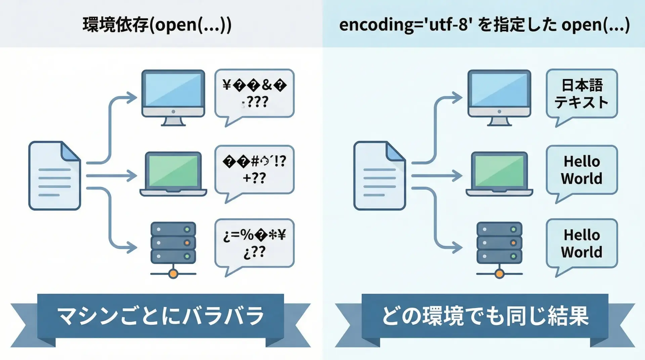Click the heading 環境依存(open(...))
pyautogui.click(x=157, y=25)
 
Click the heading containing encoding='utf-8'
pyautogui.click(x=484, y=25)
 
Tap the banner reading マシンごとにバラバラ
pyautogui.click(x=160, y=316)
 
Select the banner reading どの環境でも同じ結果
pyautogui.click(x=485, y=316)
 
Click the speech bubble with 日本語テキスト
pyautogui.click(x=582, y=94)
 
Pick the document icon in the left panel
pyautogui.click(x=54, y=176)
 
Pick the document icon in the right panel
pyautogui.click(x=379, y=176)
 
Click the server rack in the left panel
pyautogui.click(x=173, y=242)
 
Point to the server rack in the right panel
pyautogui.click(x=499, y=242)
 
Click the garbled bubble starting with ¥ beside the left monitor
pyautogui.click(x=254, y=93)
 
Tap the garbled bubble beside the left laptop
pyautogui.click(x=254, y=170)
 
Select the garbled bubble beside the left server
pyautogui.click(x=254, y=243)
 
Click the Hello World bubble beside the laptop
pyautogui.click(x=582, y=170)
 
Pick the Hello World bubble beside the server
pyautogui.click(x=582, y=243)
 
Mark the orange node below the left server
pyautogui.click(x=173, y=274)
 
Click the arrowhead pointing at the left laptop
pyautogui.click(x=132, y=176)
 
